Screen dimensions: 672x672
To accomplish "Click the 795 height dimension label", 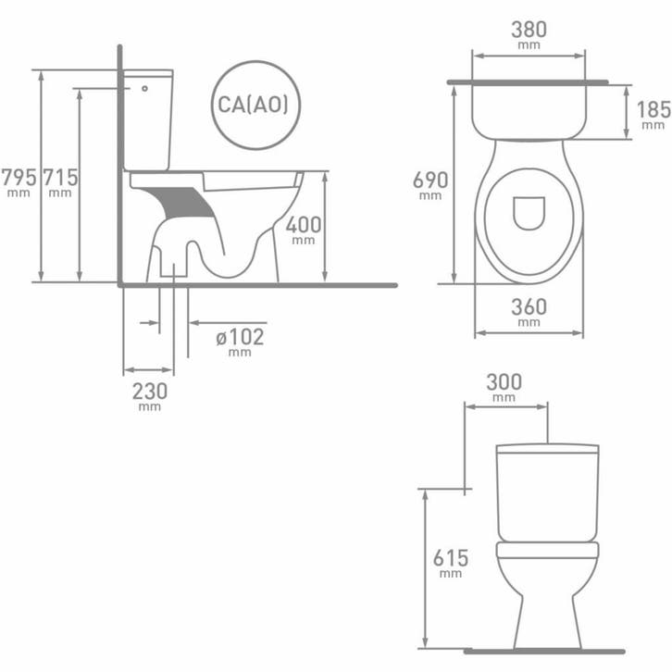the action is (19, 177).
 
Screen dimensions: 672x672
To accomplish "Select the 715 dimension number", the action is (60, 177).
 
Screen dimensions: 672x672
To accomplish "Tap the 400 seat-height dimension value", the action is (304, 225).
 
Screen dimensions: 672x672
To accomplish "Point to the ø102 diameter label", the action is (240, 337).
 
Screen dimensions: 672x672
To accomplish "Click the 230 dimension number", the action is (150, 392).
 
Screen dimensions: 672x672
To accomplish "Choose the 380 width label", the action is (529, 30).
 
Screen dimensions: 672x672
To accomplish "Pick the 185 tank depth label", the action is (653, 110).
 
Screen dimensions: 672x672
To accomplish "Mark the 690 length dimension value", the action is (430, 180).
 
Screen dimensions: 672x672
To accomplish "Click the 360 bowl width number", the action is (529, 307).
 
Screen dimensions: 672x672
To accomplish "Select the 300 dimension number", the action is (504, 382).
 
